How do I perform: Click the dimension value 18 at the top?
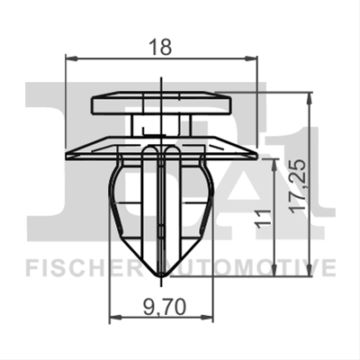pos(161,47)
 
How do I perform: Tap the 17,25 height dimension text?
pos(299,186)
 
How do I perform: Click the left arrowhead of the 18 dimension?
pos(71,58)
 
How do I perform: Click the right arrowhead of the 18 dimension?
pos(251,58)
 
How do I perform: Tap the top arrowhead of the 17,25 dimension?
pos(310,98)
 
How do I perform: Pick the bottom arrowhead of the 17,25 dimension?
pos(310,270)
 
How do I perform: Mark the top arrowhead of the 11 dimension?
pos(274,166)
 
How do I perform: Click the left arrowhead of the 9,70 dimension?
pos(115,317)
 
